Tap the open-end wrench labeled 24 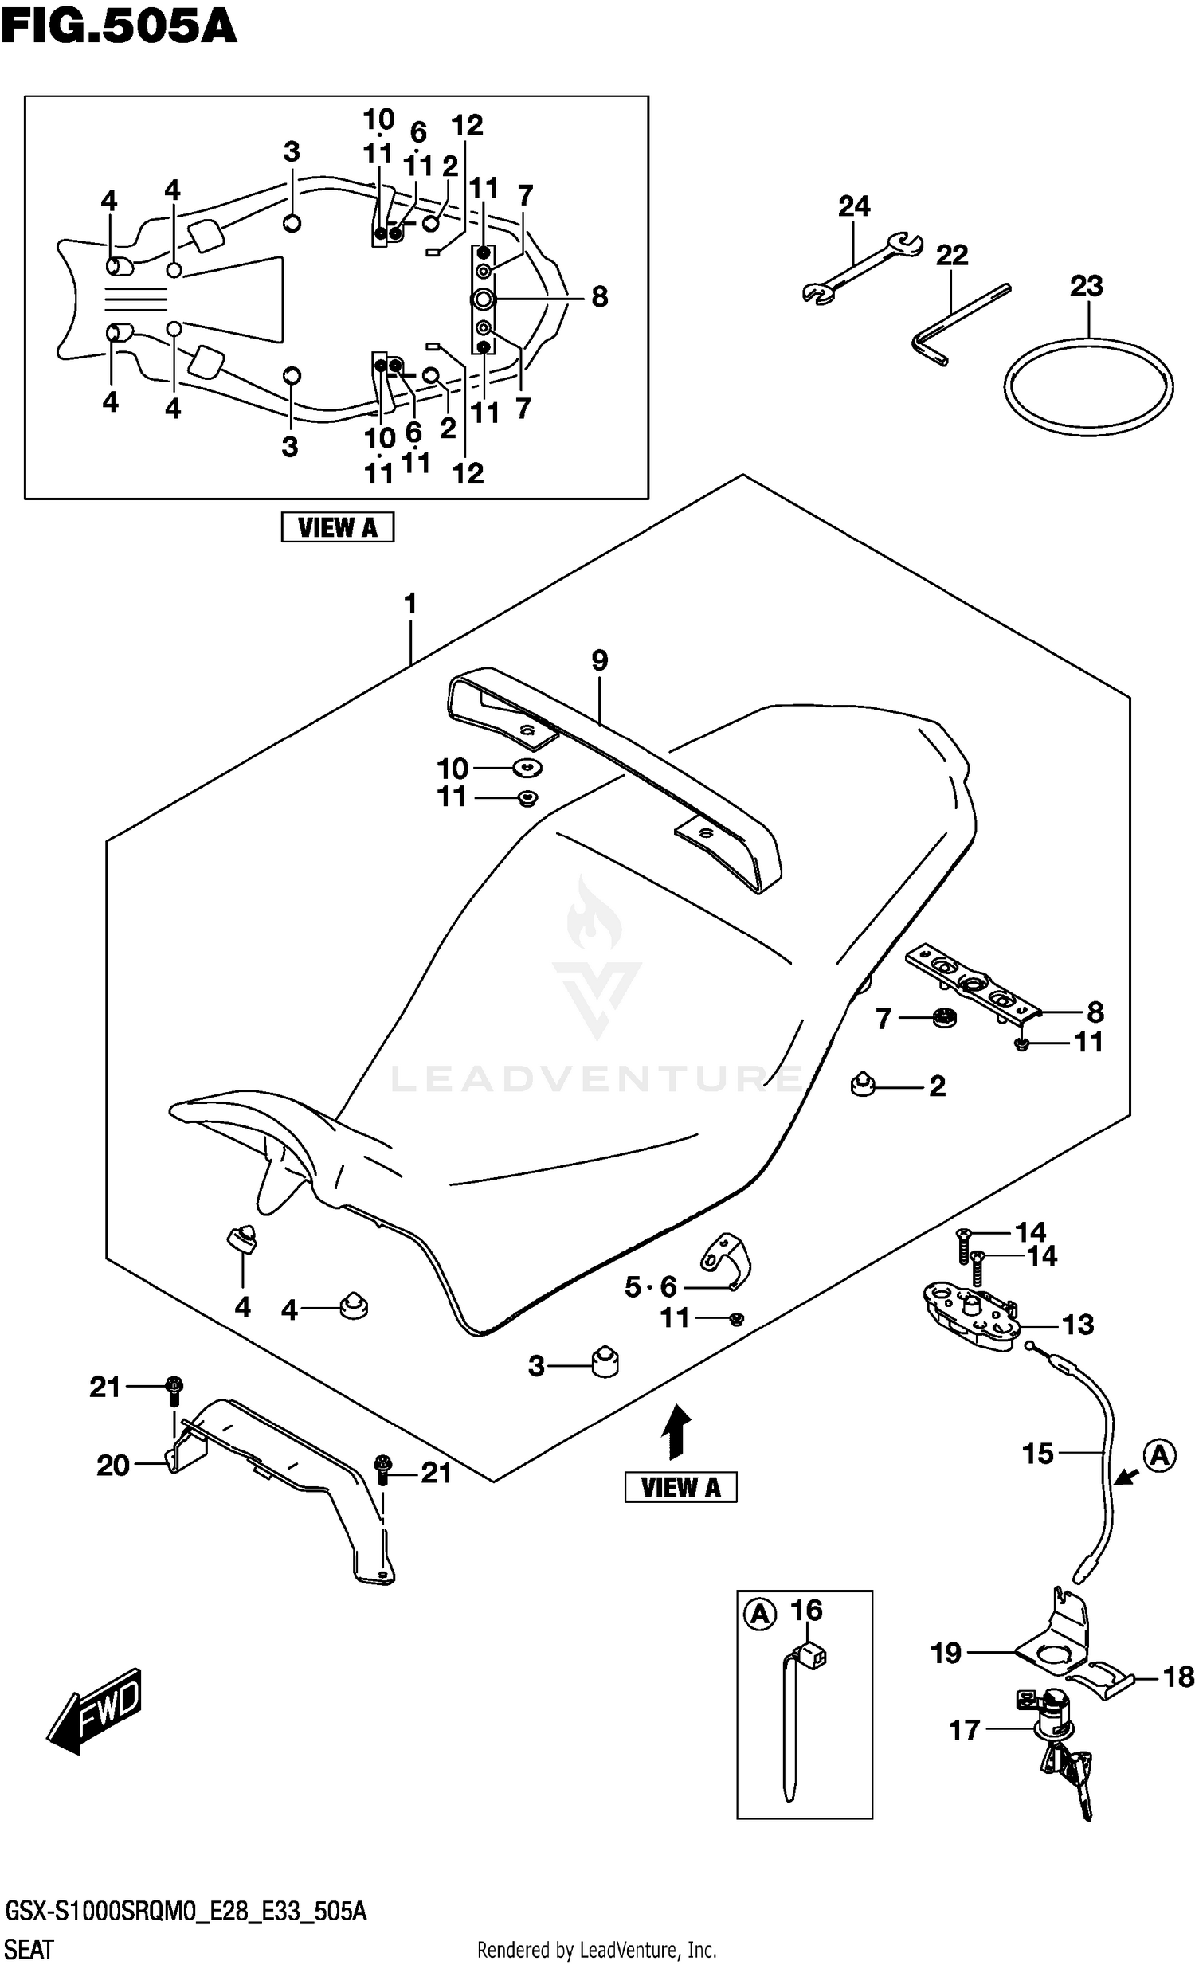click(862, 268)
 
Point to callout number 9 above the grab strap click(599, 660)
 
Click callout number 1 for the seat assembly click(410, 604)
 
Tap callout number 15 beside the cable click(1038, 1454)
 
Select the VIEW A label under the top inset click(338, 527)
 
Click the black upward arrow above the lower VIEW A click(676, 1431)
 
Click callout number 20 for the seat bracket click(112, 1465)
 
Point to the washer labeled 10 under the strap click(527, 768)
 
